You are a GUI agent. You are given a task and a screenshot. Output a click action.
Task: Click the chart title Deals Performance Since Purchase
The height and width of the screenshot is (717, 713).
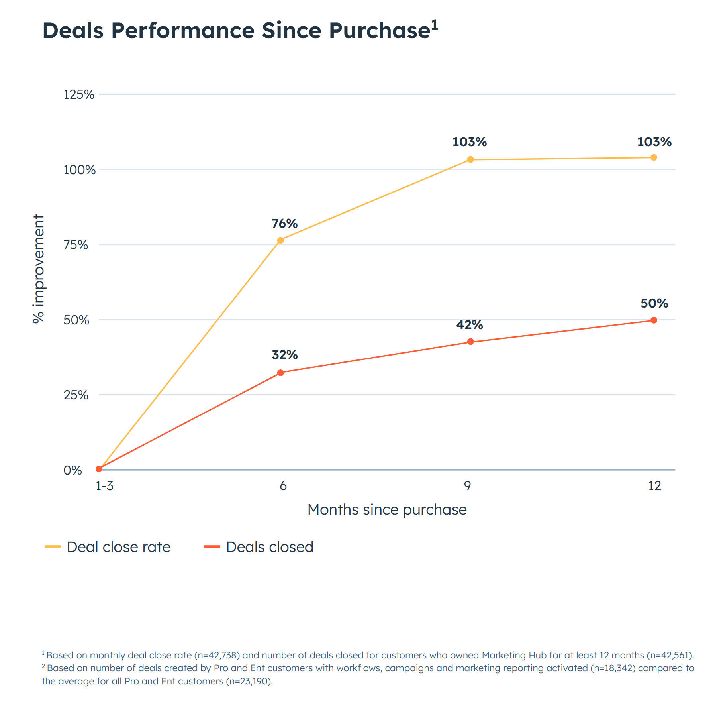pos(236,30)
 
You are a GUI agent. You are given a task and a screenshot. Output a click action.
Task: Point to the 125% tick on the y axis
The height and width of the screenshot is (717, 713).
pos(79,94)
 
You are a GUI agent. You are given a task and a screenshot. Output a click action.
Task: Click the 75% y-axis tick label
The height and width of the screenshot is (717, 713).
pos(76,245)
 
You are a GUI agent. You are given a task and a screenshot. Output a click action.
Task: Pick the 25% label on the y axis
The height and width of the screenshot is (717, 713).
pos(76,395)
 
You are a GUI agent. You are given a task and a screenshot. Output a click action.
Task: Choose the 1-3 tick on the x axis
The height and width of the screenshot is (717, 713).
pos(104,486)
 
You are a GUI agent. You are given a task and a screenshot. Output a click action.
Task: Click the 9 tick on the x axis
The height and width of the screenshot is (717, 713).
pos(467,486)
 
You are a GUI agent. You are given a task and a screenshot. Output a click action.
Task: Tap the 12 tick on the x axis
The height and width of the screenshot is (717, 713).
pos(654,486)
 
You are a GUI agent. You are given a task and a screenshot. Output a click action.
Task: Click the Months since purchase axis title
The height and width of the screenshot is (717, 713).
pos(387,510)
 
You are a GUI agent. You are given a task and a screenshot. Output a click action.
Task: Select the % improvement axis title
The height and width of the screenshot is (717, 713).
pos(39,269)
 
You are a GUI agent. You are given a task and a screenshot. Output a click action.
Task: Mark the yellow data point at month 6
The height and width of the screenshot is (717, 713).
pos(280,240)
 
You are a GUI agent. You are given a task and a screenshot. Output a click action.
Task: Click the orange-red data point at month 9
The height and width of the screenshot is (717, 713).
pos(470,342)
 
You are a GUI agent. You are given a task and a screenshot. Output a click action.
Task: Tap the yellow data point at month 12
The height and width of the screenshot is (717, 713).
pos(654,157)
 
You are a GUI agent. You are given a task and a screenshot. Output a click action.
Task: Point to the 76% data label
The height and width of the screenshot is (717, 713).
pos(284,224)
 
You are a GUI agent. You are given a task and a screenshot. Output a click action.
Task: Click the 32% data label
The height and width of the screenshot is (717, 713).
pos(284,355)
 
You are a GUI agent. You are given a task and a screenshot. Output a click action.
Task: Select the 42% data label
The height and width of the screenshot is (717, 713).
pos(469,325)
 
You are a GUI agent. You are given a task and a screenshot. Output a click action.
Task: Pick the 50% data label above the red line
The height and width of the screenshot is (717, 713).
pos(654,303)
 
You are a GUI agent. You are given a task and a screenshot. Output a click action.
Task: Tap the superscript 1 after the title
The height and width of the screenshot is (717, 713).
pos(434,25)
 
